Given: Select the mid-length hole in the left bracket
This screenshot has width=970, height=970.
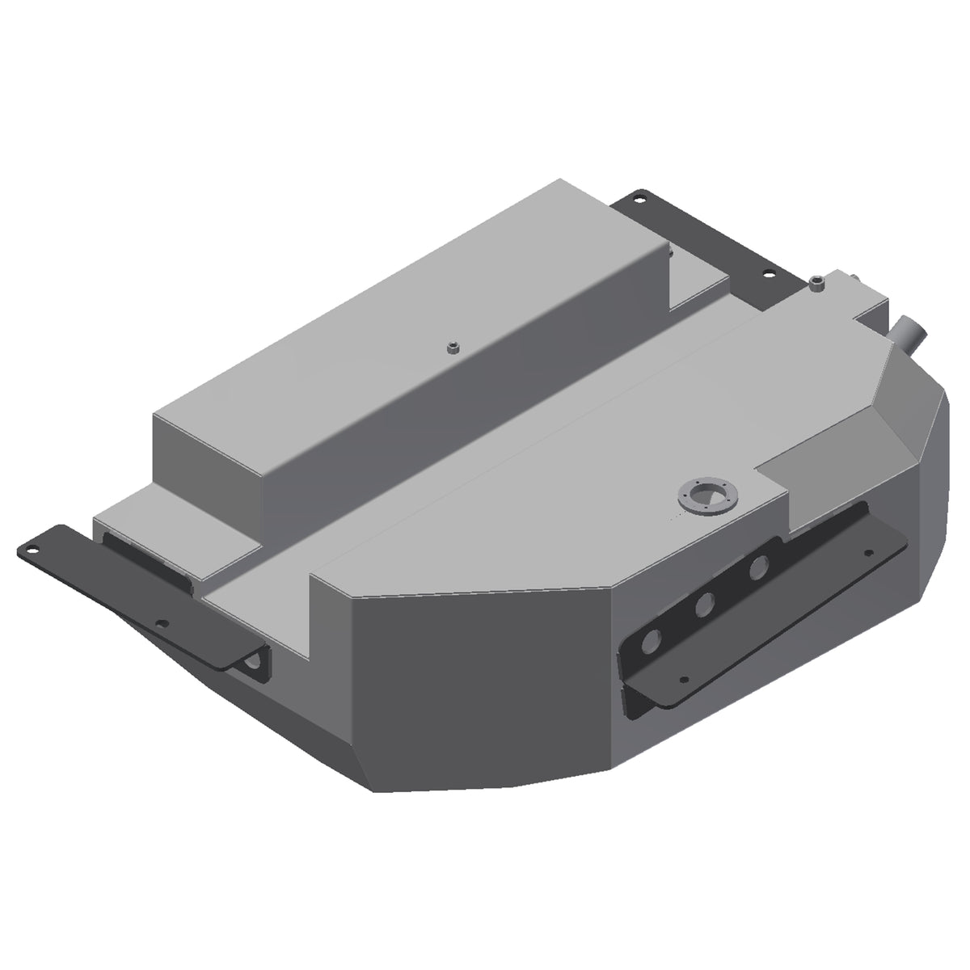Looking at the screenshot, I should (x=162, y=623).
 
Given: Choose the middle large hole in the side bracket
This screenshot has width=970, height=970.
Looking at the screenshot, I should (x=705, y=603).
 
